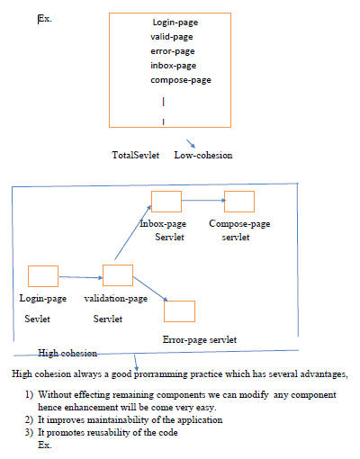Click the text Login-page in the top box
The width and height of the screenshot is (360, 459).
point(175,22)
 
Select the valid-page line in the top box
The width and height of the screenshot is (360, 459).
point(172,37)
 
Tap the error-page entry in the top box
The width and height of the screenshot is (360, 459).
point(173,51)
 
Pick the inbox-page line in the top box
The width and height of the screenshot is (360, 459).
point(174,66)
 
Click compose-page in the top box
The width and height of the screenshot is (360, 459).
point(181,80)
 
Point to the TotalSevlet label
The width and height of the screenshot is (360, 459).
point(136,155)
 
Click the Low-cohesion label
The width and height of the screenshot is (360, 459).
point(203,155)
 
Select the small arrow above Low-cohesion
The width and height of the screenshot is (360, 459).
point(191,143)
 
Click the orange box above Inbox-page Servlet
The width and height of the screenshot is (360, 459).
point(166,202)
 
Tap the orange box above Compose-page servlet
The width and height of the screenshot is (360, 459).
point(239,202)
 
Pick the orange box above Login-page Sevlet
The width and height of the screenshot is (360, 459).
point(43,276)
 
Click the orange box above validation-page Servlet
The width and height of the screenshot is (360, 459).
point(118,275)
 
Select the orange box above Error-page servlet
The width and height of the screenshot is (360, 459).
point(180,311)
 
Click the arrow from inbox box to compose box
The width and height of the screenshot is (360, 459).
point(203,201)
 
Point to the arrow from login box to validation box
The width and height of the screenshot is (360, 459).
point(81,277)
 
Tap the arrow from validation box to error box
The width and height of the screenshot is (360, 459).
point(150,289)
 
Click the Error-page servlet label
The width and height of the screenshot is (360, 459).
point(200,339)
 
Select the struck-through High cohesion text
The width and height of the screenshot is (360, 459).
point(67,353)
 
